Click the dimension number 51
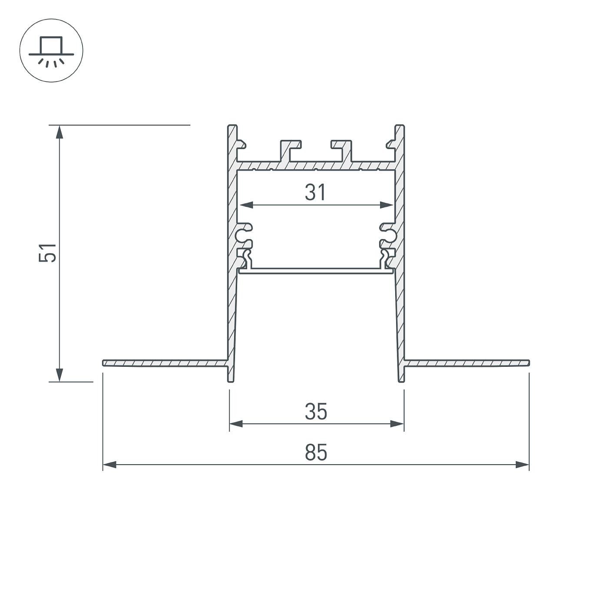click(48, 252)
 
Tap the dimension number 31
click(315, 193)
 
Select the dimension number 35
click(316, 412)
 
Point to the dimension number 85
click(316, 453)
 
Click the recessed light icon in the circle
click(51, 51)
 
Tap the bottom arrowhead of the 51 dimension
click(59, 375)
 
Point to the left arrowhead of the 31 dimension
click(247, 205)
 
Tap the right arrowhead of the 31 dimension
click(387, 205)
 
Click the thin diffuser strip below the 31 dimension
click(316, 271)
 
